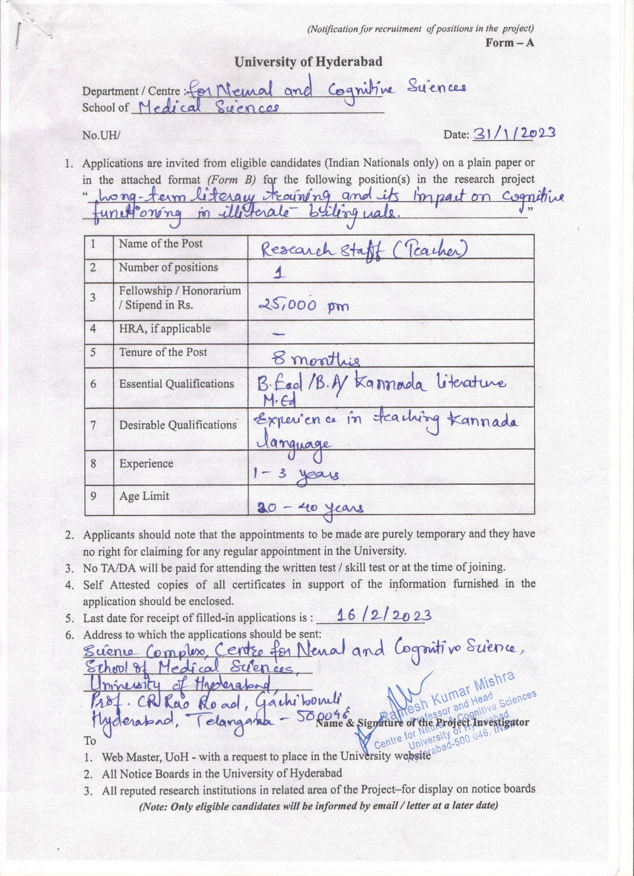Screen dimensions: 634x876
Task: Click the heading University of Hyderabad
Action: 308,62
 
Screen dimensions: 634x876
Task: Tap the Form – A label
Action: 509,43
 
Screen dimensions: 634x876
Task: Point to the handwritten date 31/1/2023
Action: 514,133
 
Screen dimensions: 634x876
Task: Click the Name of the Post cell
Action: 161,244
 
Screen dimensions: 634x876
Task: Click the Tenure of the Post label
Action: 163,352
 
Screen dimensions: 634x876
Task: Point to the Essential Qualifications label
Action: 176,384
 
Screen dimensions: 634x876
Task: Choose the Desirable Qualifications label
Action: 178,425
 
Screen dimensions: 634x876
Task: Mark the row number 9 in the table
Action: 93,496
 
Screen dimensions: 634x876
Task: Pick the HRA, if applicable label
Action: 165,329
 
